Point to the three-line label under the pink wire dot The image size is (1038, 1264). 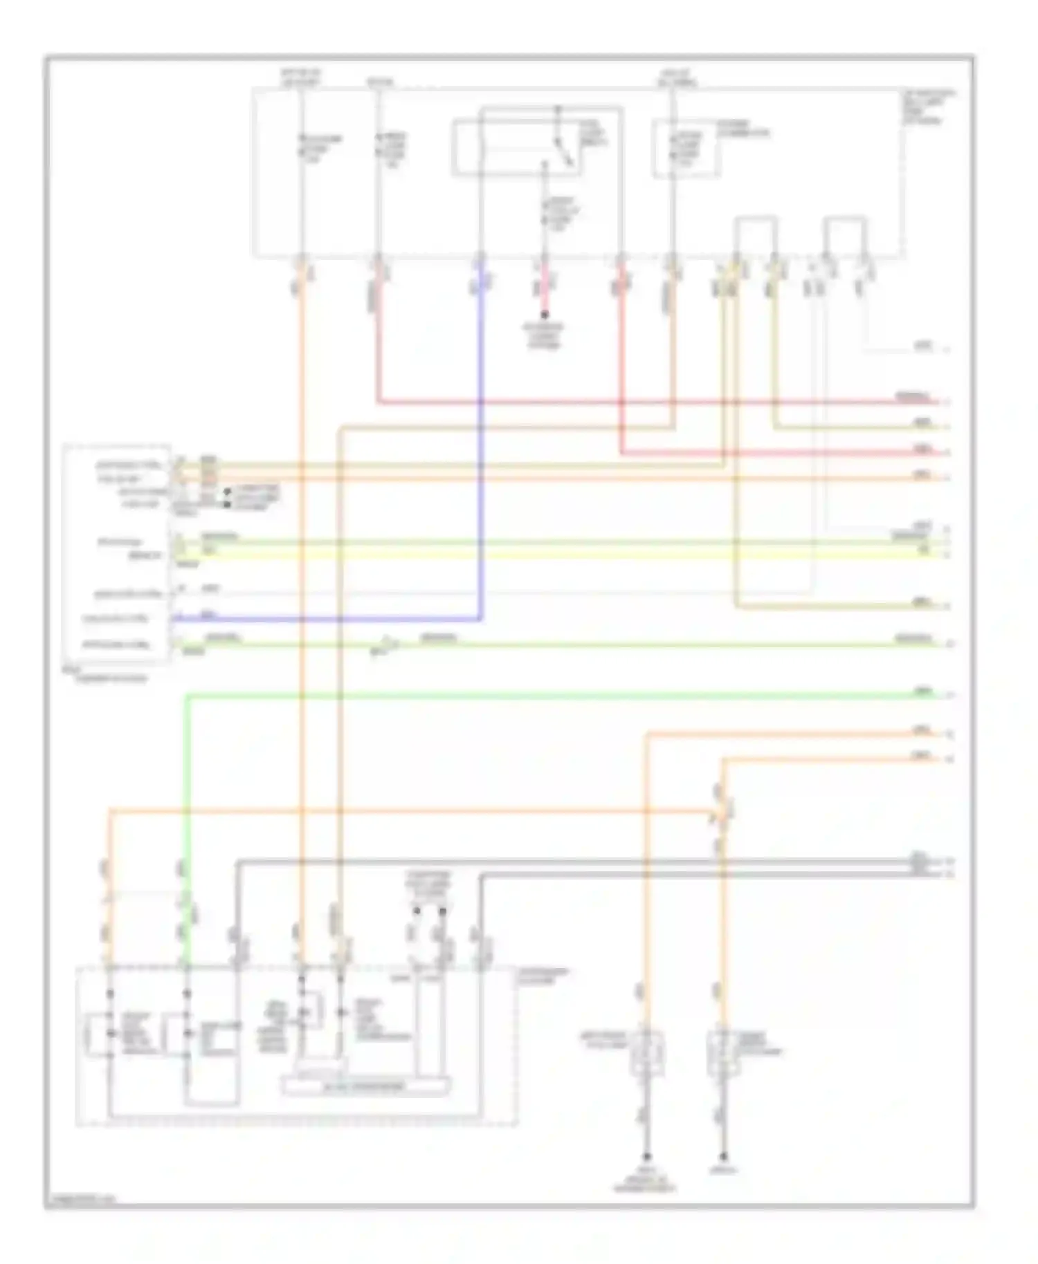(x=545, y=337)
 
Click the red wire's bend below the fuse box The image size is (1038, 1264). (x=379, y=401)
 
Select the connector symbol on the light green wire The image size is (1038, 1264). (x=385, y=646)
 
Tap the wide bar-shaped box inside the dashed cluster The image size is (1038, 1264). (x=365, y=1086)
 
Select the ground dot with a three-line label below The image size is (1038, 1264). (x=647, y=1156)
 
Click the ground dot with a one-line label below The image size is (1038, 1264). (x=723, y=1156)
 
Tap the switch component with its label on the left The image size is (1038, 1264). (x=646, y=1054)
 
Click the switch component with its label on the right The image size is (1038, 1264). (x=723, y=1054)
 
